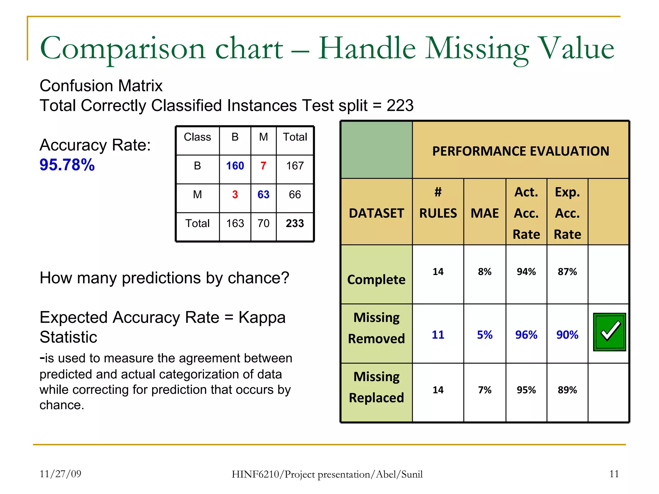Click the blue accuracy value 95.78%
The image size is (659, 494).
point(67,165)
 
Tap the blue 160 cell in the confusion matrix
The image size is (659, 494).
point(235,166)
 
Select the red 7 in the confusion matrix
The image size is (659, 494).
point(263,166)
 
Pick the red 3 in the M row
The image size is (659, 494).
point(235,195)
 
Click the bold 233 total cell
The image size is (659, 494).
point(295,224)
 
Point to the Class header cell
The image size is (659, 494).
point(197,137)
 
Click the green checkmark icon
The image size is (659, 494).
point(609,332)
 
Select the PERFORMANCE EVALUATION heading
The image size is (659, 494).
point(520,151)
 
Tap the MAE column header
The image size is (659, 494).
point(485,213)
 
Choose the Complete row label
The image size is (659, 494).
point(376,279)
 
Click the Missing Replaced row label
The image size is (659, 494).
point(376,387)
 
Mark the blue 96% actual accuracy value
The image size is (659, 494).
point(526,335)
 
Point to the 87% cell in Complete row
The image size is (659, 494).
point(567,272)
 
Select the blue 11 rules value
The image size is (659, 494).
point(438,335)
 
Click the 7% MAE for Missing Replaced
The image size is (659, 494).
point(485,390)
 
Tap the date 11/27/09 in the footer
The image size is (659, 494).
point(60,474)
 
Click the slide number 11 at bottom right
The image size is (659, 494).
point(614,474)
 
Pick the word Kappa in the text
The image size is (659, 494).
point(262,317)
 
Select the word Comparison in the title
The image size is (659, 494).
point(123,48)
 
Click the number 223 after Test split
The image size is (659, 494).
point(400,105)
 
